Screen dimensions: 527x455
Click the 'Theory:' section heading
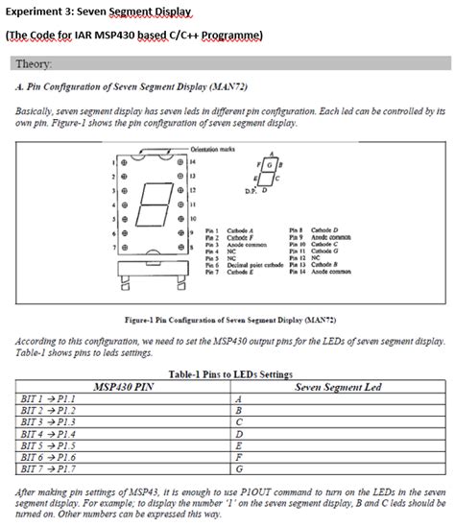point(36,64)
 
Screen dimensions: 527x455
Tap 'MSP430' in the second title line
point(113,35)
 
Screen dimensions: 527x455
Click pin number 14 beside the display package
point(193,161)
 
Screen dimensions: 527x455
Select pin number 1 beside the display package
point(112,161)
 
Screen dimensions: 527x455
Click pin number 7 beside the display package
point(112,247)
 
